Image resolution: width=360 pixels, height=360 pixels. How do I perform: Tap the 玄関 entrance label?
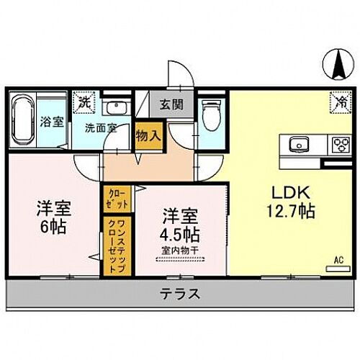171,104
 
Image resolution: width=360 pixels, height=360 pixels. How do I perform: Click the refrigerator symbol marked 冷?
337,102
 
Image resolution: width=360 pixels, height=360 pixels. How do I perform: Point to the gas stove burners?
338,144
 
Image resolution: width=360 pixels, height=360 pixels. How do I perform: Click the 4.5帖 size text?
179,235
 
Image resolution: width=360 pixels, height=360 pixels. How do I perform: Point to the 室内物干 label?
180,250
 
